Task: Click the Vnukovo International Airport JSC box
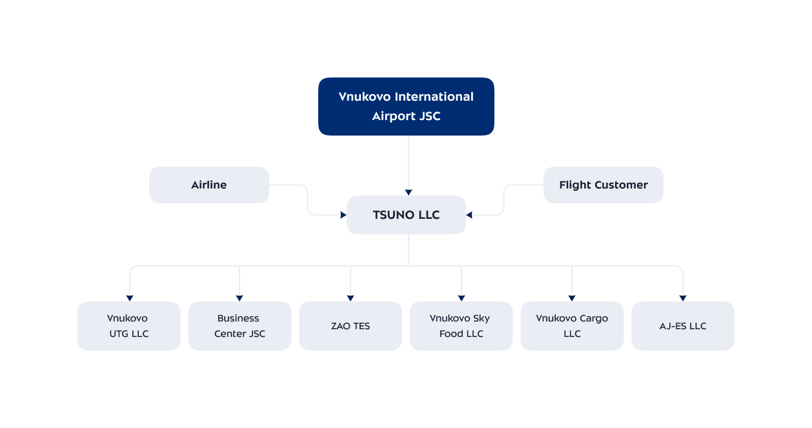click(x=406, y=107)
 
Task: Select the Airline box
click(x=208, y=185)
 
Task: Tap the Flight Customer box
click(x=603, y=185)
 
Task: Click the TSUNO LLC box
click(x=406, y=215)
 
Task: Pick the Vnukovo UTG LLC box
click(x=128, y=326)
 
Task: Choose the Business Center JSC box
click(x=239, y=326)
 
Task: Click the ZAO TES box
click(x=350, y=326)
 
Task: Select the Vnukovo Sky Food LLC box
click(x=461, y=326)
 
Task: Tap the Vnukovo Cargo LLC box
click(x=572, y=326)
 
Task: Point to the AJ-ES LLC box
click(x=682, y=326)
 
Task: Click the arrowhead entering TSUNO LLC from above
click(x=408, y=192)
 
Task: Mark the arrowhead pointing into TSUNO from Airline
click(x=343, y=215)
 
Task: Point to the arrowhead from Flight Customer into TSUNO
click(x=469, y=215)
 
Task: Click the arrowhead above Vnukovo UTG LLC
click(x=130, y=298)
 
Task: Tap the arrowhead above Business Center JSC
click(x=239, y=298)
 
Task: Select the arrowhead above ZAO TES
click(x=350, y=298)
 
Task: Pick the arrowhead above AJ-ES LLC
click(x=683, y=298)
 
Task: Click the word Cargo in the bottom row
click(x=592, y=318)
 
